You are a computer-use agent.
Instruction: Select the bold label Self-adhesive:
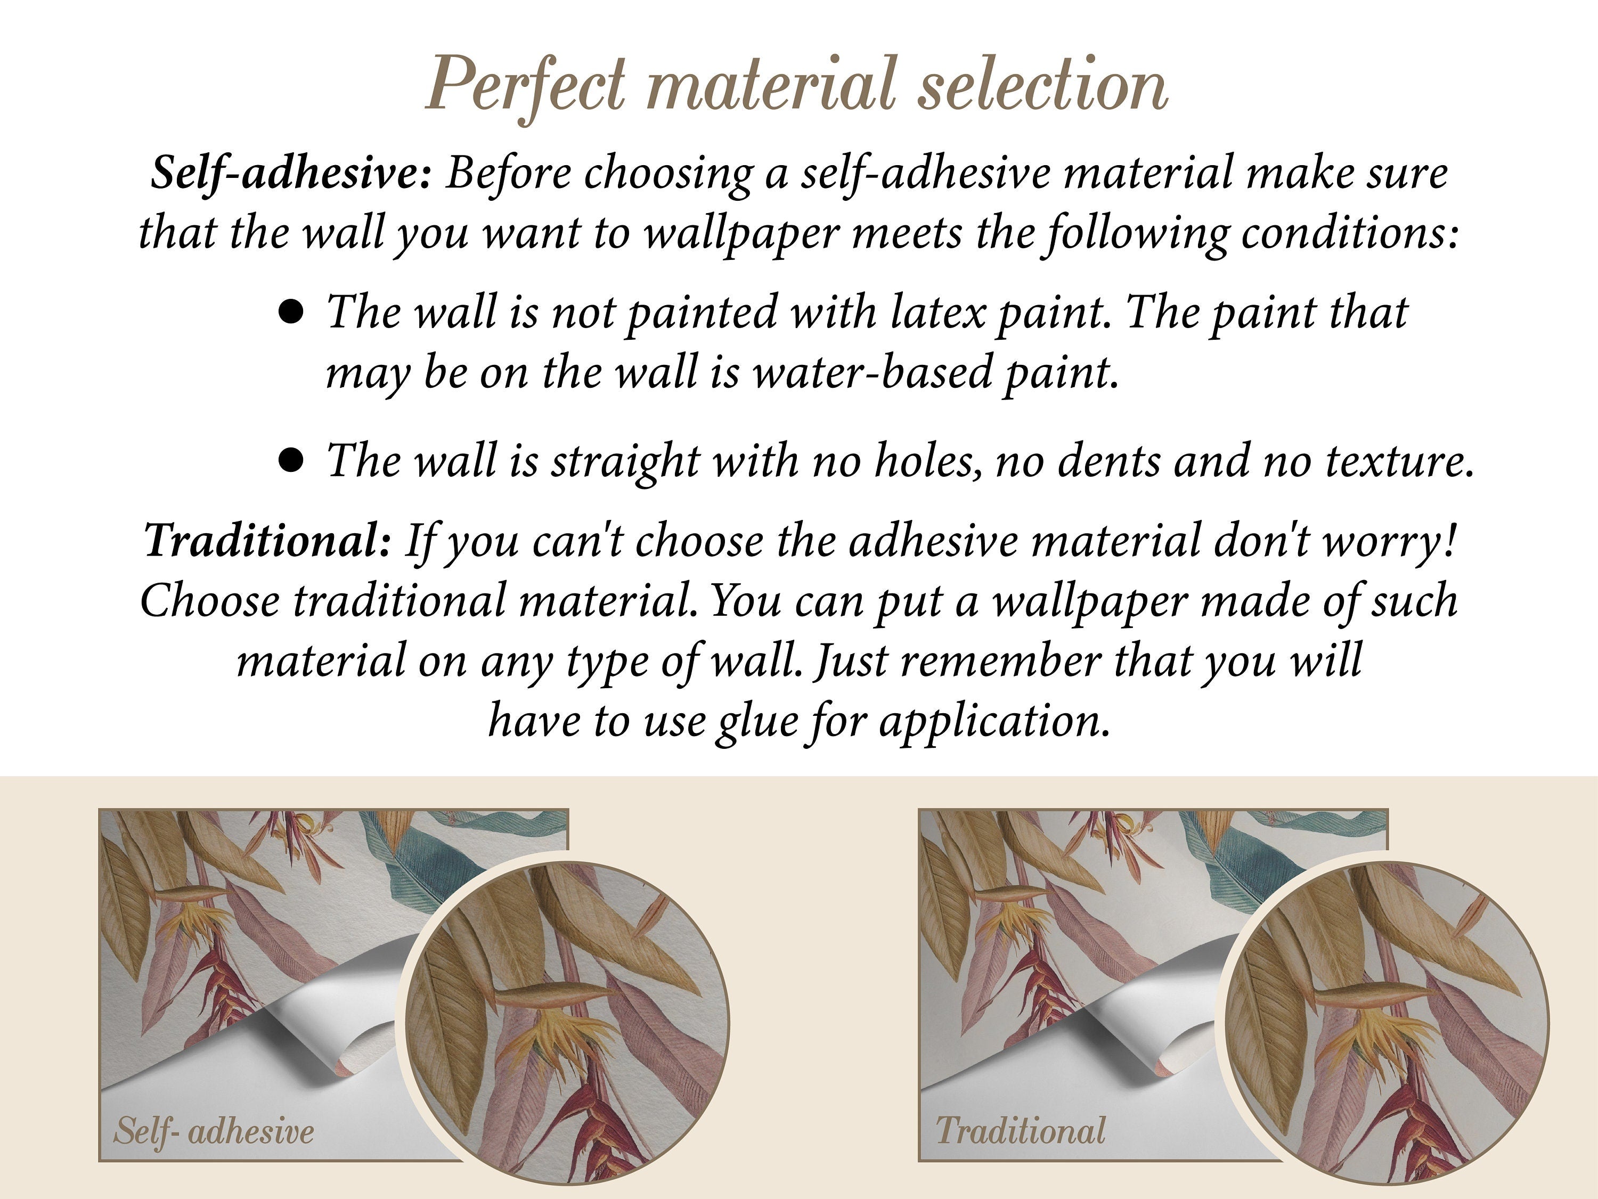[x=291, y=174]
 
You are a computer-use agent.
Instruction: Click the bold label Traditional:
[x=267, y=540]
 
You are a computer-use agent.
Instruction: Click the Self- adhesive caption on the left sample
[x=214, y=1130]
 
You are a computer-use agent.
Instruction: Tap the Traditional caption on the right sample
[x=1020, y=1130]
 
